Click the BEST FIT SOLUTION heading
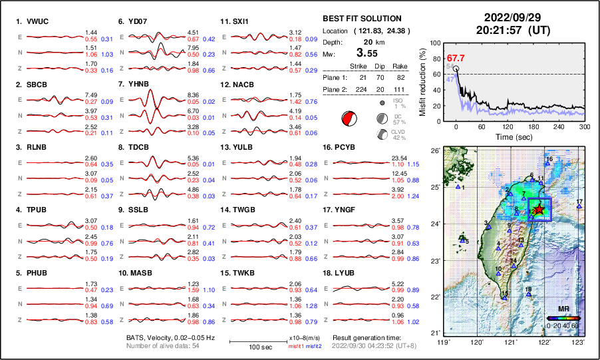(361, 19)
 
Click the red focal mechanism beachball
(347, 119)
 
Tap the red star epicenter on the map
(539, 210)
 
